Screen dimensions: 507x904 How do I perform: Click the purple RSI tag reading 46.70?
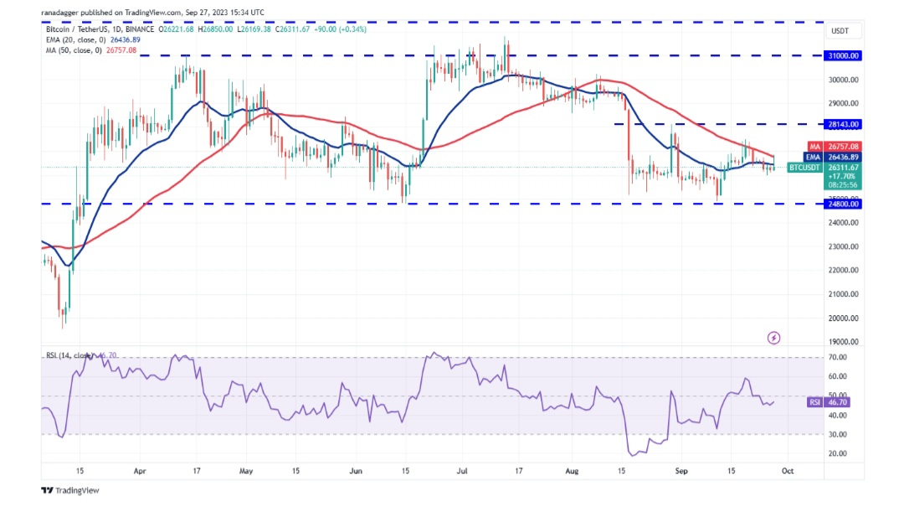(814, 402)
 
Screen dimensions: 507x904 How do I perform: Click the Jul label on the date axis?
(461, 472)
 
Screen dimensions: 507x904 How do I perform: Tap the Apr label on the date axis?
(140, 472)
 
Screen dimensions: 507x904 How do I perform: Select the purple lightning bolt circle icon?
(773, 338)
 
